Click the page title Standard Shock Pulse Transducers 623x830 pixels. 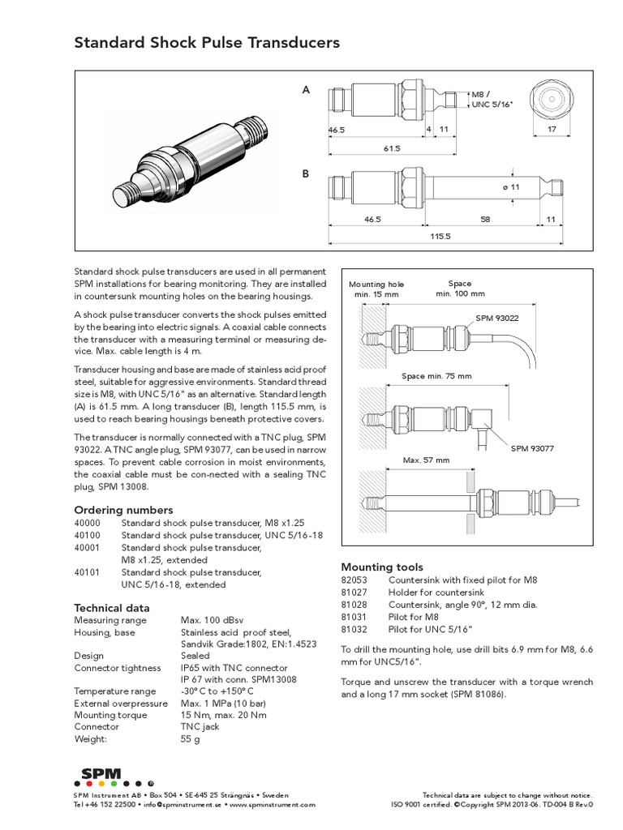[x=207, y=43]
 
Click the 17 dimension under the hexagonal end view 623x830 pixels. [x=552, y=130]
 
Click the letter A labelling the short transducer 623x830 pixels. [x=306, y=91]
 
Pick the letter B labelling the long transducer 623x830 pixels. [x=306, y=173]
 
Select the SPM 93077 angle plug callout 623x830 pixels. [x=532, y=448]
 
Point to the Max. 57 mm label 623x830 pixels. [x=427, y=460]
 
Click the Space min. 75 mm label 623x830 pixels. [x=436, y=377]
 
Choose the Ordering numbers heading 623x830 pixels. [x=123, y=510]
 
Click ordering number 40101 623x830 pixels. [x=88, y=571]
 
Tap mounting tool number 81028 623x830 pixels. [x=354, y=605]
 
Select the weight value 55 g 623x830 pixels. [x=191, y=739]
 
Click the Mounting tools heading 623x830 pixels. [x=381, y=567]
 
